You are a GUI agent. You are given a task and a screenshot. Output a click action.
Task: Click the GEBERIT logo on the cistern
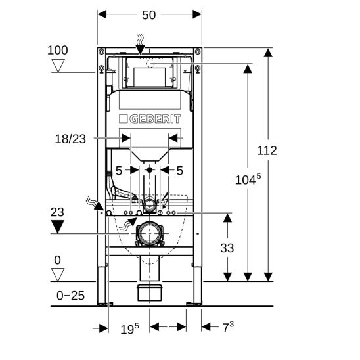coord(150,119)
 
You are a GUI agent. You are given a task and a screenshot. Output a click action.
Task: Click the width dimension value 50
coord(149,14)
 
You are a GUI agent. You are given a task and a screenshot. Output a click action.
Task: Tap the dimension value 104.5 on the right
coord(249,178)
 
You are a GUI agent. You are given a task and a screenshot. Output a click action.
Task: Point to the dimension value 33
coord(227,248)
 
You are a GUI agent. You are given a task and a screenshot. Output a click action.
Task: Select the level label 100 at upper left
coord(58,50)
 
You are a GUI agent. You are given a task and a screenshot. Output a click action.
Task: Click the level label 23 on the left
coord(58,212)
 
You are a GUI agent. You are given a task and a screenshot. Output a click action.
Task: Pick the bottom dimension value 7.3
coord(228,327)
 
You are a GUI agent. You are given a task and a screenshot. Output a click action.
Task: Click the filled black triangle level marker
coord(58,227)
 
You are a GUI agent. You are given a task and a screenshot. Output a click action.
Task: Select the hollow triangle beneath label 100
coord(58,66)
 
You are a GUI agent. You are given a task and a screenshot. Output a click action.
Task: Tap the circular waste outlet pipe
coord(150,234)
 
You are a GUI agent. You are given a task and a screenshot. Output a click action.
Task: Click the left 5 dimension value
coord(119,170)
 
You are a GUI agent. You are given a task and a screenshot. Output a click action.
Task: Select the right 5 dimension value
coord(180,170)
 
